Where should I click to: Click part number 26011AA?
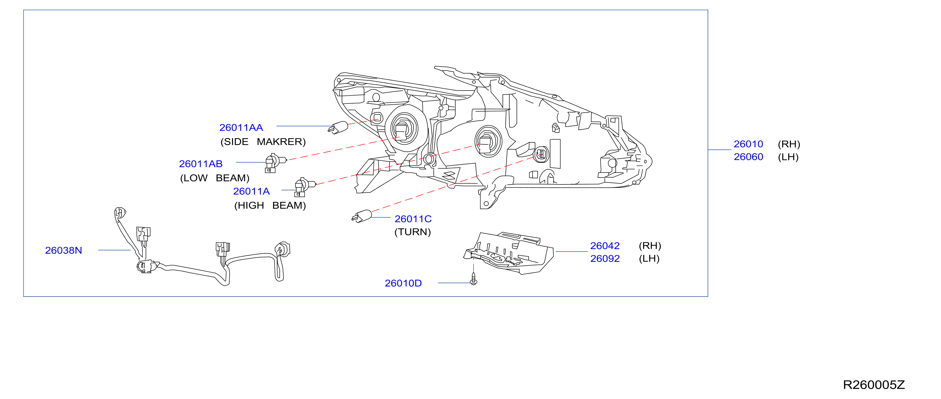pos(241,128)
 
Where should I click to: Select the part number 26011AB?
pos(201,164)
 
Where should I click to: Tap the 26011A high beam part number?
pos(251,191)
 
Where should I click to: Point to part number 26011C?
pos(413,219)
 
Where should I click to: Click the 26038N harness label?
pos(64,251)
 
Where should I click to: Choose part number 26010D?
pos(403,283)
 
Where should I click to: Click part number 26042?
pos(605,246)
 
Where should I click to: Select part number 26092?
pos(605,259)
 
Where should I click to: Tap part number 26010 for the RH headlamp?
pos(749,144)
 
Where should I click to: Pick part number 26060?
pos(749,157)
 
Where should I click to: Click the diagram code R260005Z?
pos(874,385)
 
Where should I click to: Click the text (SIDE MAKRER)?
pos(263,142)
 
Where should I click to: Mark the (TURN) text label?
pos(413,232)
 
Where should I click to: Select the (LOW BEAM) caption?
pos(215,178)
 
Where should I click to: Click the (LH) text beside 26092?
pos(649,259)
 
